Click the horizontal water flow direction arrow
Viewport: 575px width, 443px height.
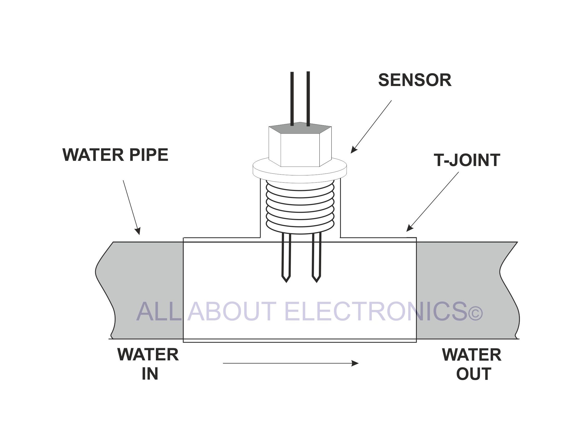291,363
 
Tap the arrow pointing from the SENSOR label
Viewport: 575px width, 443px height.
371,127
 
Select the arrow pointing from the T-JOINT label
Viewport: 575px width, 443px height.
432,202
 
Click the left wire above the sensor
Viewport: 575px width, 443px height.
292,98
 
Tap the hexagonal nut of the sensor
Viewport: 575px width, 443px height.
300,144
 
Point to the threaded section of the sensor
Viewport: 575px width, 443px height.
300,207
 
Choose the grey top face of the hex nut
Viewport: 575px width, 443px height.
300,128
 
